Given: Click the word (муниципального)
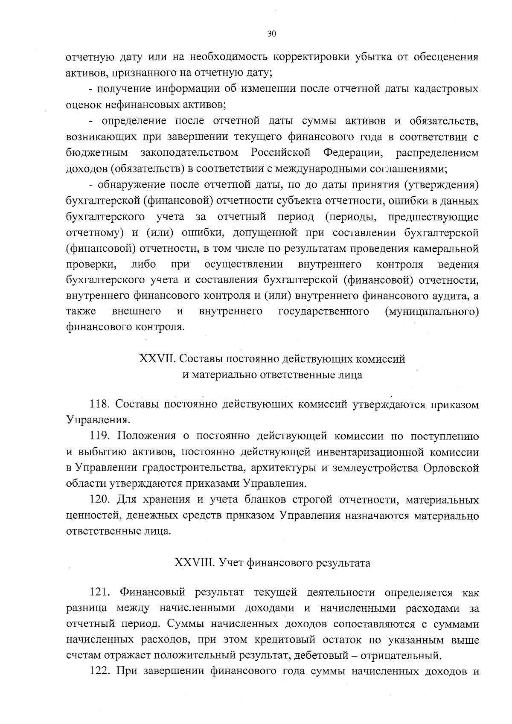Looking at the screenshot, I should click(431, 312).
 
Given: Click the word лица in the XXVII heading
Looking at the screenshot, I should click(351, 375).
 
